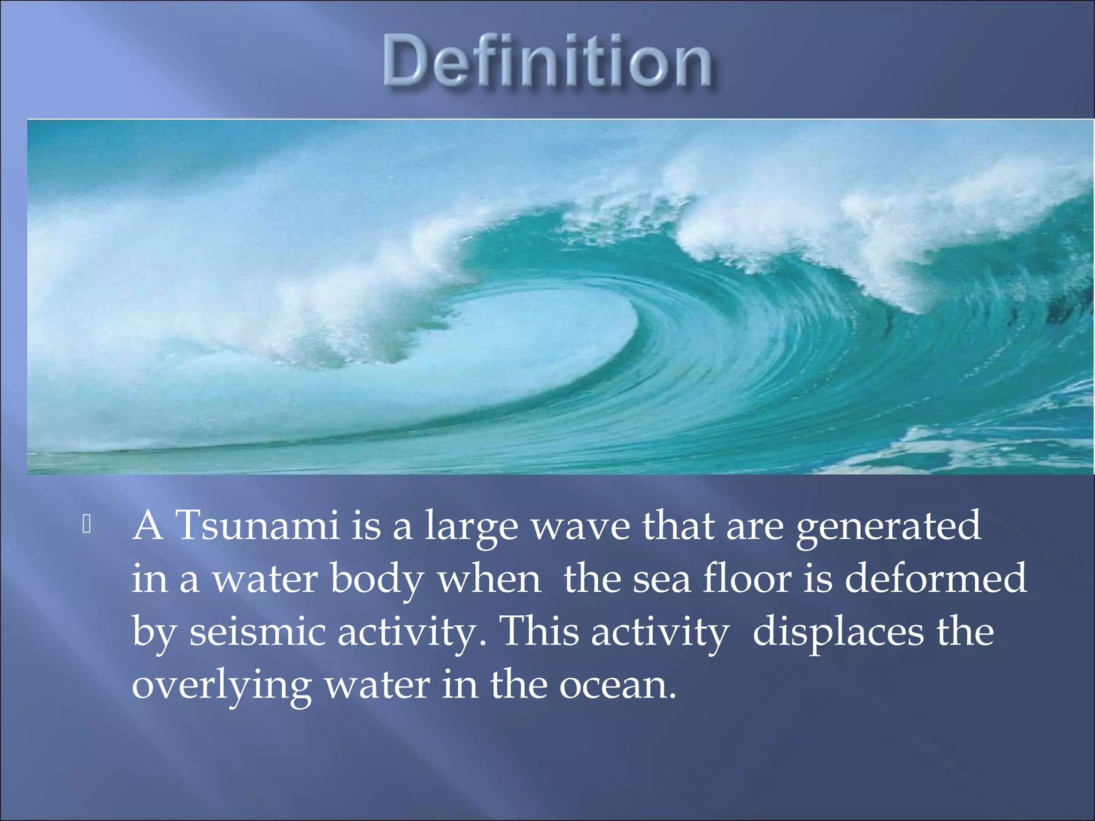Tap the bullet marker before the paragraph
(87, 525)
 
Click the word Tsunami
(257, 526)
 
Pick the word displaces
(838, 633)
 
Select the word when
(489, 579)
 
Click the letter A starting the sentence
(149, 526)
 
